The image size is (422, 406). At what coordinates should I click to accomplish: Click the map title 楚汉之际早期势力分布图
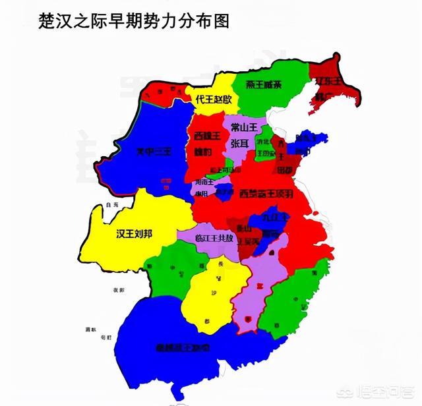pyautogui.click(x=126, y=22)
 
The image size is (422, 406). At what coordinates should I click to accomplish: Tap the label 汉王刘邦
pyautogui.click(x=137, y=234)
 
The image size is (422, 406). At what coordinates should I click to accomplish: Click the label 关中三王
pyautogui.click(x=152, y=152)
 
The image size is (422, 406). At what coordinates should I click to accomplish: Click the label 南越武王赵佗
pyautogui.click(x=183, y=347)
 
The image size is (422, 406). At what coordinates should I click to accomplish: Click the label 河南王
pyautogui.click(x=204, y=181)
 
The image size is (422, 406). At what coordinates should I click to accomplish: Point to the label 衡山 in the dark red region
pyautogui.click(x=243, y=229)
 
